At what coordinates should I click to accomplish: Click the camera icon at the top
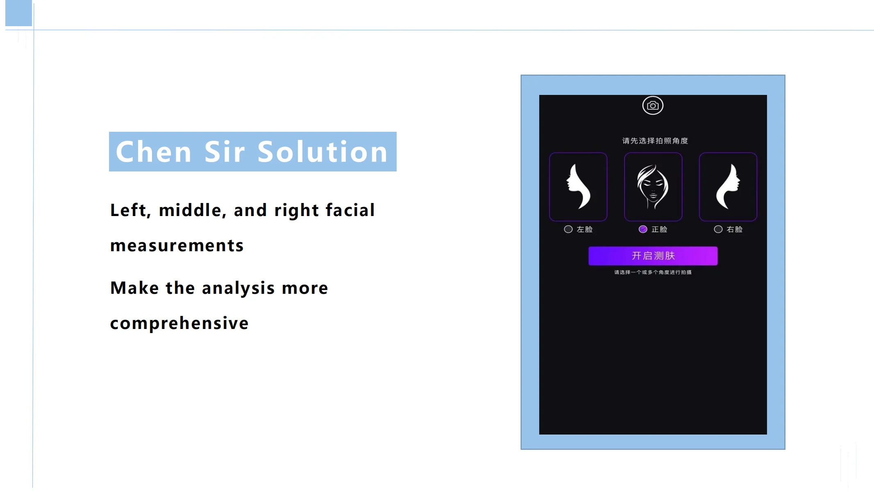[653, 106]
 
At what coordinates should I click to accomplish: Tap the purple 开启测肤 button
[653, 256]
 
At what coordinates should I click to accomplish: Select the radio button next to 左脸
[568, 229]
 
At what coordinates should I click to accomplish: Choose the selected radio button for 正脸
[643, 229]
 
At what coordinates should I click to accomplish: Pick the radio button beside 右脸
[718, 229]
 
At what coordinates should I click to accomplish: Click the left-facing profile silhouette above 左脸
[578, 187]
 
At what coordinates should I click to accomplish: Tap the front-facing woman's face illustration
[653, 187]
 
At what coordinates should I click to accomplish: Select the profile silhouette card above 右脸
[728, 187]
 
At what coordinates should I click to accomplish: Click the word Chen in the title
[154, 152]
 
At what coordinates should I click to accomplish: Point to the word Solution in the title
[322, 152]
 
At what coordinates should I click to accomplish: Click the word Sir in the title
[225, 152]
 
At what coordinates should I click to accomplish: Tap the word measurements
[177, 245]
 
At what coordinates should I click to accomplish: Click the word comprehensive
[179, 323]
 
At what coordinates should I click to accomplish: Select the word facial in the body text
[350, 210]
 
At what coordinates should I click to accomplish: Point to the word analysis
[238, 288]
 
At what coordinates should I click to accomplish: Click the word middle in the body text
[192, 210]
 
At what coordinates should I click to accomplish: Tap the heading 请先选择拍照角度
[655, 141]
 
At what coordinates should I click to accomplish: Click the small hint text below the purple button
[653, 272]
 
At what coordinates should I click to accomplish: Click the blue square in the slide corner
[18, 13]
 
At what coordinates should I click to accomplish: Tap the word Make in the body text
[134, 288]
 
